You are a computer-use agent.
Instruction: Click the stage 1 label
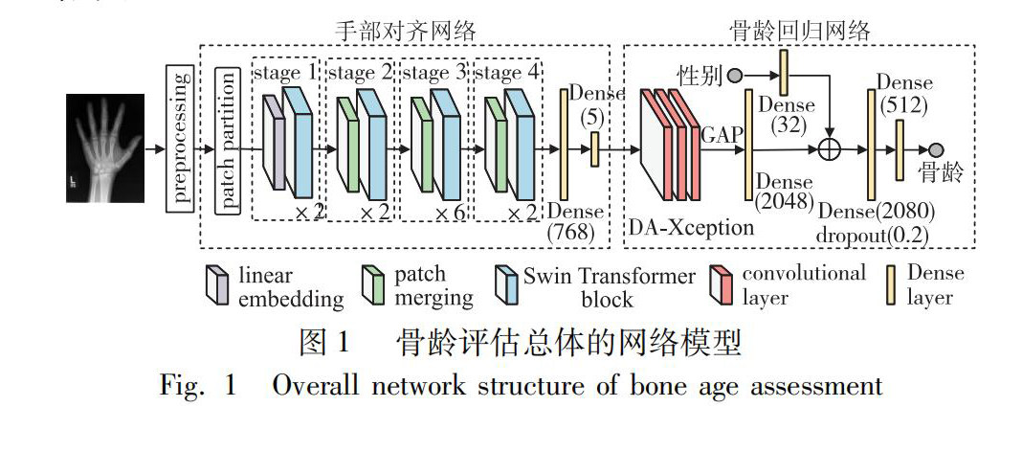click(x=284, y=72)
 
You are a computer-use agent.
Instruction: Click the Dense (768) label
click(x=575, y=222)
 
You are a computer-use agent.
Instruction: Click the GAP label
click(x=722, y=135)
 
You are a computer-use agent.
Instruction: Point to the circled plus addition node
click(x=831, y=149)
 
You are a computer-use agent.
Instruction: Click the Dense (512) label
click(x=903, y=95)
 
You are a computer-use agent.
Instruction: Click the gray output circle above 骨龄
click(x=935, y=149)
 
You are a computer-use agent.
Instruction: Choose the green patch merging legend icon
click(x=373, y=284)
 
